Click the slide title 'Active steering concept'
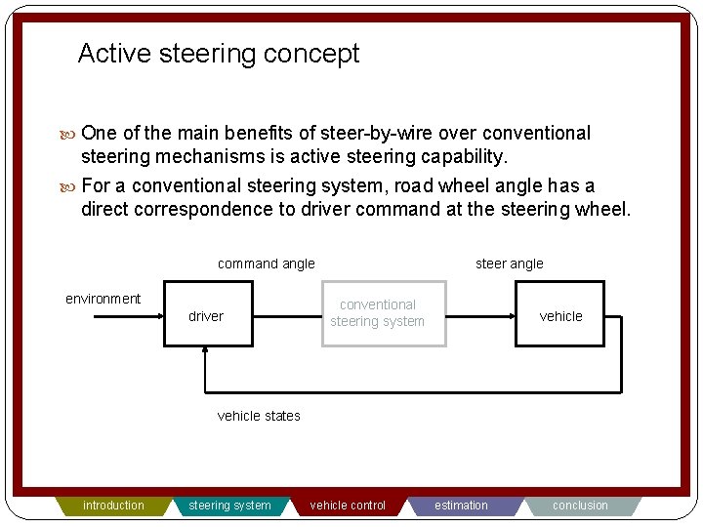(218, 54)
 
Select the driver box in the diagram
(207, 315)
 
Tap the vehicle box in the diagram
(560, 315)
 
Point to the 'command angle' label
(266, 263)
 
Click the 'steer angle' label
(509, 263)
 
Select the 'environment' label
(103, 299)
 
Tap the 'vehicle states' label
(259, 416)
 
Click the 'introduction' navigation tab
(113, 506)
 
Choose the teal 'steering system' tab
(229, 506)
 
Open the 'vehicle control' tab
(348, 506)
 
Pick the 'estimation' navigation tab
(462, 506)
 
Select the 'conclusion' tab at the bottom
(580, 506)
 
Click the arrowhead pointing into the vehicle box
(510, 315)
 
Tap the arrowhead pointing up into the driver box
(206, 352)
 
